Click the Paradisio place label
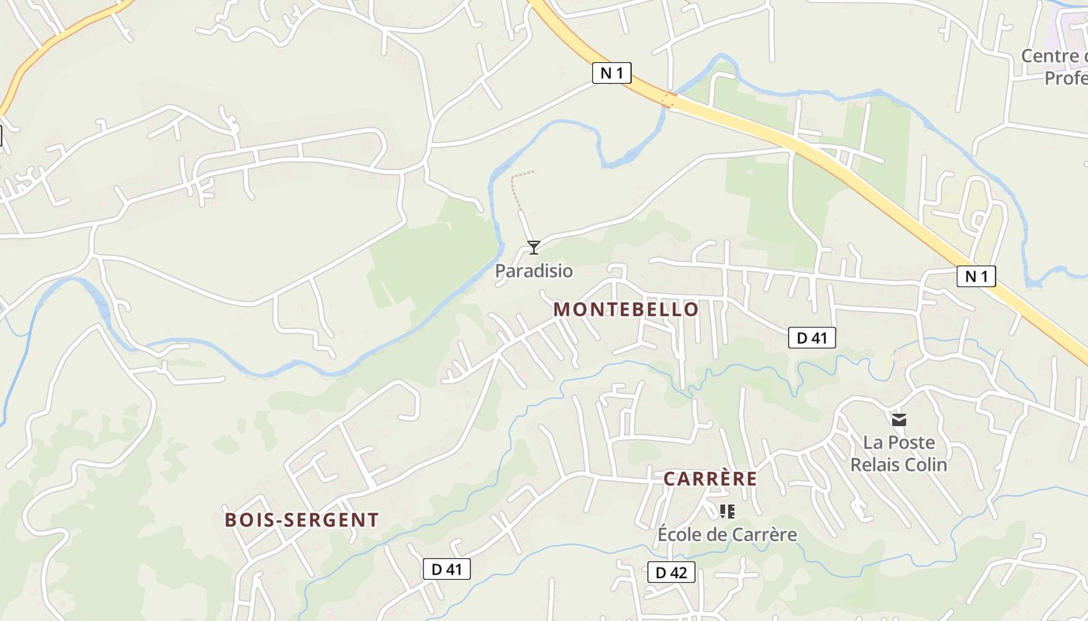(534, 271)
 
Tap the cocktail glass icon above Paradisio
(533, 248)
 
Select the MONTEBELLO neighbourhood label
(626, 309)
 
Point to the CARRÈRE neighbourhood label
(710, 478)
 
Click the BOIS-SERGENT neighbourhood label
(302, 519)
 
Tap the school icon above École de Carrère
(727, 511)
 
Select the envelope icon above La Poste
(899, 420)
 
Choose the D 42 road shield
(671, 573)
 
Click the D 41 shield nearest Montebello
(811, 337)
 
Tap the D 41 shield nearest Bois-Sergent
(447, 569)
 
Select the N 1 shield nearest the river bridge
(612, 73)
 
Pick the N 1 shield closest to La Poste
(975, 276)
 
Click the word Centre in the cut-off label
(1049, 56)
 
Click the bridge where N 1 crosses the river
(668, 100)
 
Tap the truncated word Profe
(1065, 78)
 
